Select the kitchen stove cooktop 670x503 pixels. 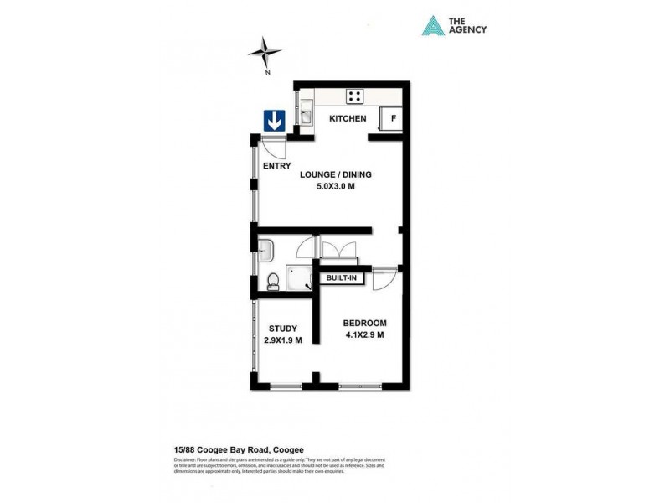[355, 96]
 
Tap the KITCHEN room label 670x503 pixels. [348, 119]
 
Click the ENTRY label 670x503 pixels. [276, 166]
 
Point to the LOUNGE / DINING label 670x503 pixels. [335, 175]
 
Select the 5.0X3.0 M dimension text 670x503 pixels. [335, 187]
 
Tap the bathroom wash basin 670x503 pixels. [266, 250]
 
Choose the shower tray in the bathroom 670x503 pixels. [299, 277]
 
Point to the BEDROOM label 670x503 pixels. [364, 324]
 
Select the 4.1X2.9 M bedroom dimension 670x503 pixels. [364, 335]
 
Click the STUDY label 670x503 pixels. [282, 329]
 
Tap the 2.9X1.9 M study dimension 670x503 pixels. [282, 340]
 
